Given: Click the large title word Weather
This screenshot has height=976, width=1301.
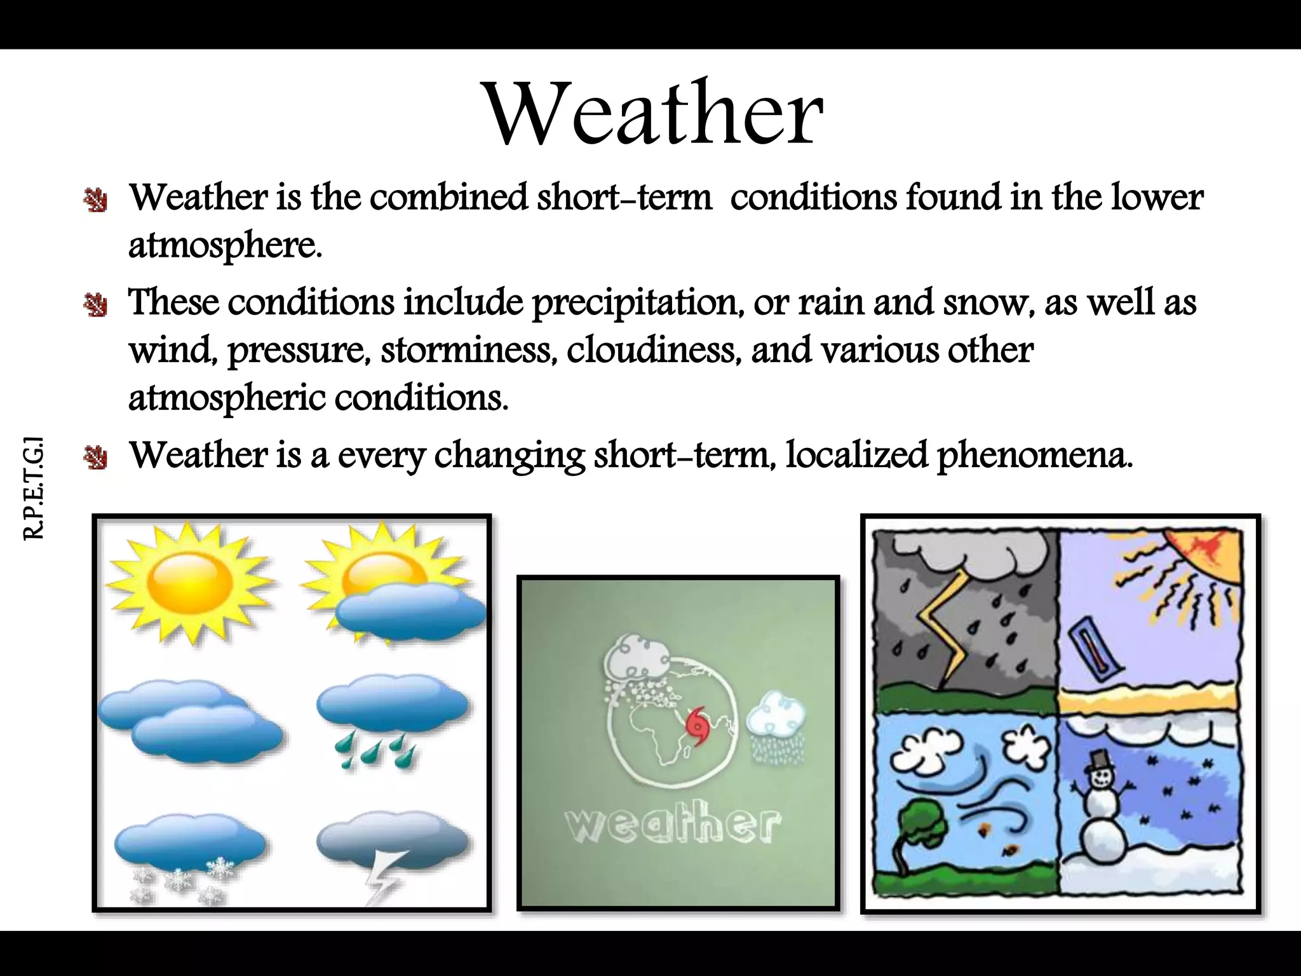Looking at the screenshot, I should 654,114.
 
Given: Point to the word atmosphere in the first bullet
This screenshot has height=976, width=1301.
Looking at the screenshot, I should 224,245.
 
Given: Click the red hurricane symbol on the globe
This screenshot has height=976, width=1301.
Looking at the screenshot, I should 698,724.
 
